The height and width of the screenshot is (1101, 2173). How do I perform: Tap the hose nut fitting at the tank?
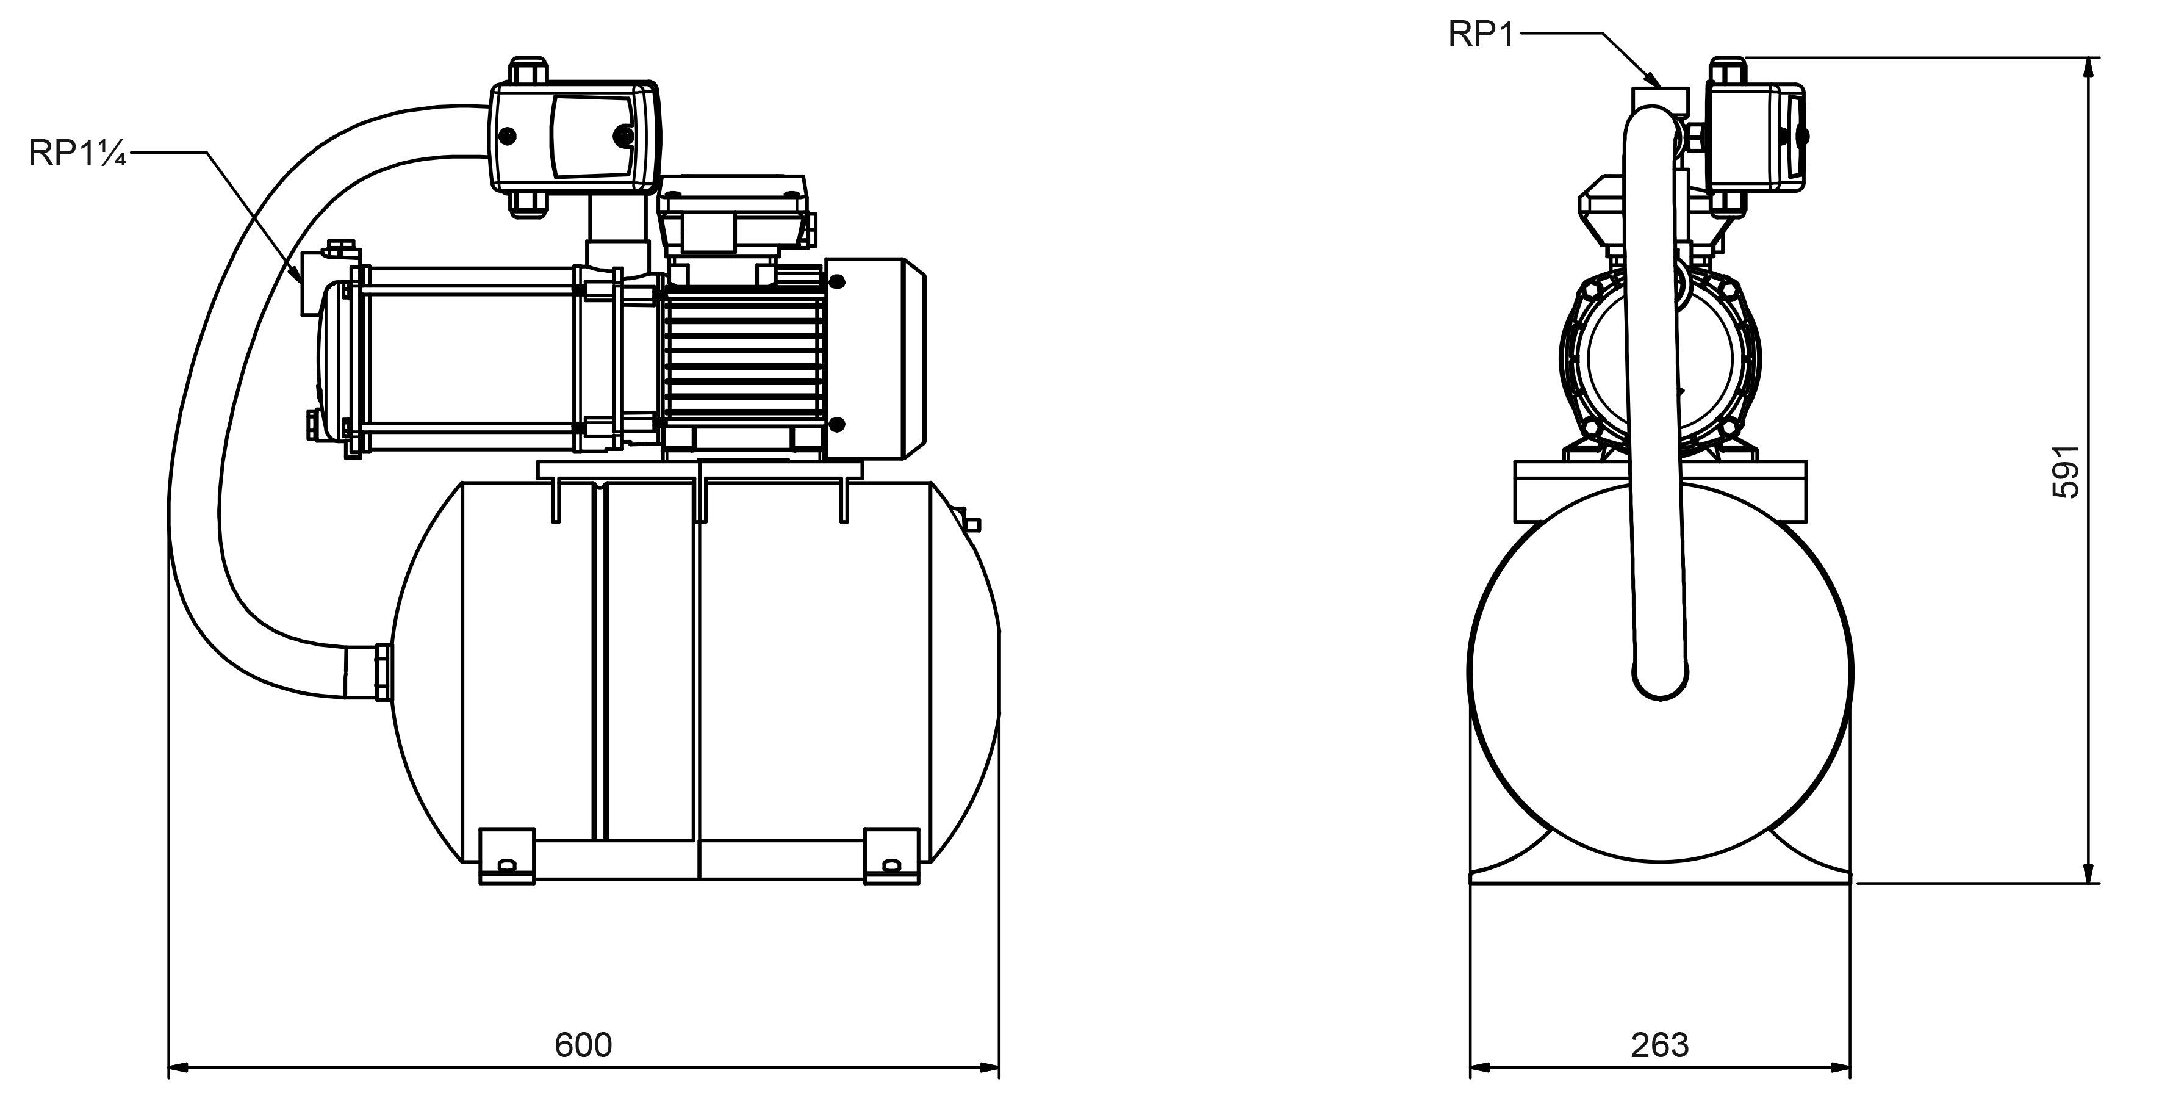coord(381,671)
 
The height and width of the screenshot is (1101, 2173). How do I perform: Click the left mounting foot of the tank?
coord(507,856)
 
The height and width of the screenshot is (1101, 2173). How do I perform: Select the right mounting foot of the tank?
coord(891,856)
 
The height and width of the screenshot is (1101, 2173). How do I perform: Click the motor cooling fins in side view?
coord(742,363)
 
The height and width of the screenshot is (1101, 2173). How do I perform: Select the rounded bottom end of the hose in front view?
coord(1660,675)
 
